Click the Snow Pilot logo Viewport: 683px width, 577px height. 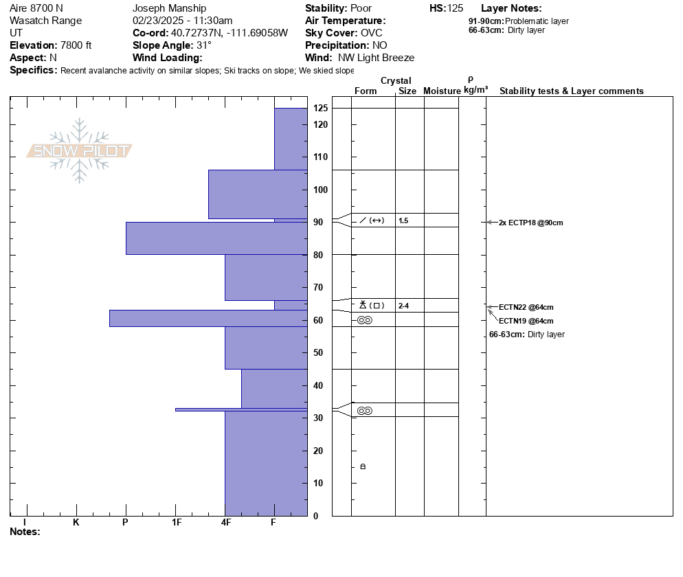[x=80, y=150]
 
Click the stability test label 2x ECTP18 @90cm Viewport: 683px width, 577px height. [x=531, y=223]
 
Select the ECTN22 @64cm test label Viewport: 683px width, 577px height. [x=526, y=307]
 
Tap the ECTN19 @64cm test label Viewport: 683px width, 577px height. [x=526, y=321]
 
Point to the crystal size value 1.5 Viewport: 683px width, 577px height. [x=403, y=220]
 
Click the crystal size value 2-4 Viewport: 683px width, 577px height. [x=403, y=306]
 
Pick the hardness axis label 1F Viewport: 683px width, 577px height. [x=177, y=523]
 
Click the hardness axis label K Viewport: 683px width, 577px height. [x=76, y=523]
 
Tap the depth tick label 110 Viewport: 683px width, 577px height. [x=320, y=157]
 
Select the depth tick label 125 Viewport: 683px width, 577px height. [x=320, y=109]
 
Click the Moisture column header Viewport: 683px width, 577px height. [x=442, y=91]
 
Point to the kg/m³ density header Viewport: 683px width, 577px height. [x=475, y=90]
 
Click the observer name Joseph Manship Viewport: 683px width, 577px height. [x=169, y=8]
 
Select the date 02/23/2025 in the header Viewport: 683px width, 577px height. [x=157, y=21]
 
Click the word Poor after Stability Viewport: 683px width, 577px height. [x=361, y=8]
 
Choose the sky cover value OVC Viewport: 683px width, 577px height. [x=372, y=33]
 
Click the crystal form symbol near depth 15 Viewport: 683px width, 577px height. [x=363, y=467]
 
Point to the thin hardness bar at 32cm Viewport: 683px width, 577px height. [x=240, y=409]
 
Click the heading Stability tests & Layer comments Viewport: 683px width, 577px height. [x=571, y=91]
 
